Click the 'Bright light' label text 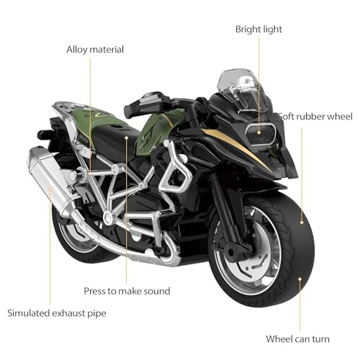258,30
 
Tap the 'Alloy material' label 95,50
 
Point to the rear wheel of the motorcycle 76,234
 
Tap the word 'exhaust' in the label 69,313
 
